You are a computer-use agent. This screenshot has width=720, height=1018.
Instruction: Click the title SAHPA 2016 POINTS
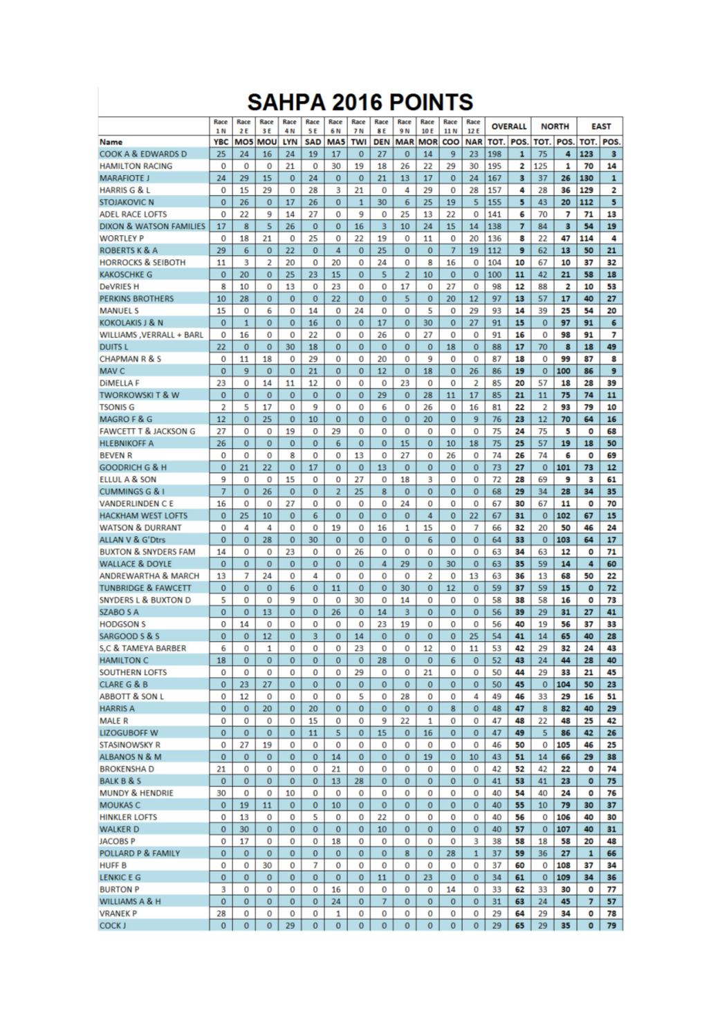360,102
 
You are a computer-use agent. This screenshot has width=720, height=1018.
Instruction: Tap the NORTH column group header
555,126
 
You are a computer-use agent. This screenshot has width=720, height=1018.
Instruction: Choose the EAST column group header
600,126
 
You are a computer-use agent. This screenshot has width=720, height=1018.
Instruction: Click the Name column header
111,142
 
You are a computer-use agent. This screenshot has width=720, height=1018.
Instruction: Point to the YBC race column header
221,142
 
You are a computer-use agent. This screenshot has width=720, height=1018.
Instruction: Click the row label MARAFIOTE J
124,178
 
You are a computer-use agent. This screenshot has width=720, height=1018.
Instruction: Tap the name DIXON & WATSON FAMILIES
152,226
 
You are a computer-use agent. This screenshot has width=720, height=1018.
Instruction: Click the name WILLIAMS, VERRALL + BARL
151,335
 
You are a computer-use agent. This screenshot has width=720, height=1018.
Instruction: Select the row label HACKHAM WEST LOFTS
143,515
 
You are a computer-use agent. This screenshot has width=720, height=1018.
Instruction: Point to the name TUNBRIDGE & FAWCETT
145,588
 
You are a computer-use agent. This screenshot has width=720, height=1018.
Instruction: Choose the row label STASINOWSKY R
129,745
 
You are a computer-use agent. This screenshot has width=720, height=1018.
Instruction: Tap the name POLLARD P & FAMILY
139,853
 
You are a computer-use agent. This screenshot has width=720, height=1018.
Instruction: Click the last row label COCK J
113,925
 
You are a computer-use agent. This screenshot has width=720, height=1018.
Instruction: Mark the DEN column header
382,142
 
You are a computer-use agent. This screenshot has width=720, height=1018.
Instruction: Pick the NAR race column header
474,142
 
